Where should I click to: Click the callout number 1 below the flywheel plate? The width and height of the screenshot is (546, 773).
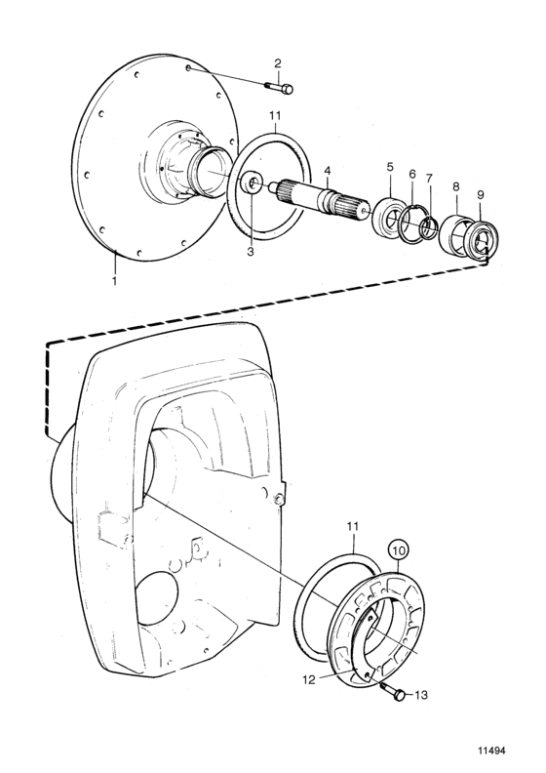coord(114,281)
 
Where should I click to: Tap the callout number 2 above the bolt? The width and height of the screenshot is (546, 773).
coord(278,63)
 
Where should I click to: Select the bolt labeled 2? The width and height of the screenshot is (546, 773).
coord(279,88)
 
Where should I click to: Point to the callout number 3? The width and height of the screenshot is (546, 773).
coord(251,252)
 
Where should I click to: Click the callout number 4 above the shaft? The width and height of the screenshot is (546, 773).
coord(328,171)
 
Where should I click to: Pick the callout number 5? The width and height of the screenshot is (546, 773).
coord(390,167)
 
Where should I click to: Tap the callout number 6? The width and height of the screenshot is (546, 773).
coord(412,174)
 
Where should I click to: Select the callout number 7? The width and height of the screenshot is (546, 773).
coord(429,177)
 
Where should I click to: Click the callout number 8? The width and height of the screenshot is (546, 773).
coord(456,186)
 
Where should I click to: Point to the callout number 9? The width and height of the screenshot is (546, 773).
coord(480,195)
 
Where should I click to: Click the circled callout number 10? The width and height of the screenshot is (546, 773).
coord(400,549)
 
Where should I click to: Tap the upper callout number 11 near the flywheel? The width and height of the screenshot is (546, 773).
coord(275,116)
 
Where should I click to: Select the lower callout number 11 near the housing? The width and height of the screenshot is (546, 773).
coord(353,527)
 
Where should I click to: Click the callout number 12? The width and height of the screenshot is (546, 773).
coord(309,680)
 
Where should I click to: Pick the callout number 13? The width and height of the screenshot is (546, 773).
coord(421,695)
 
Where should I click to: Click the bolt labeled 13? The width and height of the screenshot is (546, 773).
coord(393,691)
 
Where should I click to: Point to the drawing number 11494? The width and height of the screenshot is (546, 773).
coord(491,752)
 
